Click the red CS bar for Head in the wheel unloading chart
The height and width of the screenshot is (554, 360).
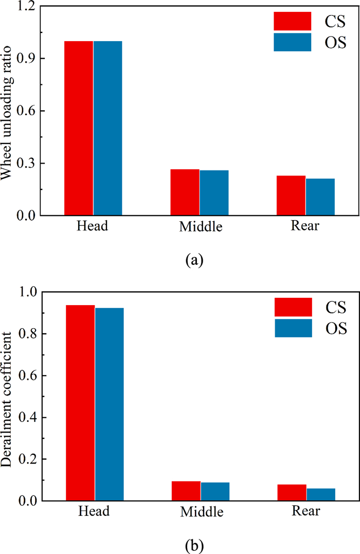[78, 128]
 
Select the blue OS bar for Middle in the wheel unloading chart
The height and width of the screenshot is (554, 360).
[214, 192]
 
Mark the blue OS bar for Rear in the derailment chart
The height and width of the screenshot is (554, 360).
[320, 494]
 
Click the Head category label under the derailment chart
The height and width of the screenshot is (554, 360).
[94, 512]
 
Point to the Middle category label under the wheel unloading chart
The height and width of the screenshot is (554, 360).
[200, 227]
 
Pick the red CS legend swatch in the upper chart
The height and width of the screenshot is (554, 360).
[292, 21]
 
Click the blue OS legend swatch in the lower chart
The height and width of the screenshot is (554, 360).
[293, 328]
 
